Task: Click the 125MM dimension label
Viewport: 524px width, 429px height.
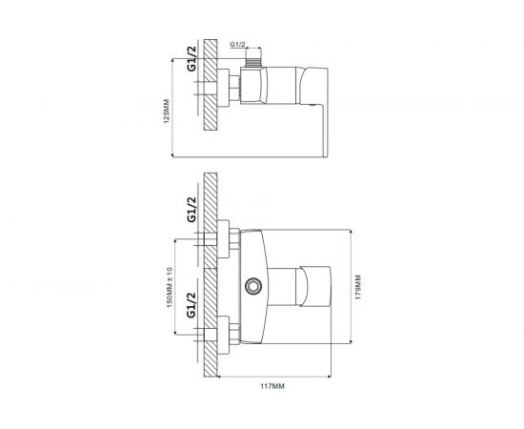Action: (x=167, y=111)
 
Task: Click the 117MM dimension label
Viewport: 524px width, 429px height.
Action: (x=272, y=386)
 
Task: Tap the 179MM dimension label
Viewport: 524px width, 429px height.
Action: (x=358, y=287)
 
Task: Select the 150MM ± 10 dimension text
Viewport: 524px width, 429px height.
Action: (x=170, y=287)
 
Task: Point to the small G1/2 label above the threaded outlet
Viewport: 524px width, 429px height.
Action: (x=237, y=45)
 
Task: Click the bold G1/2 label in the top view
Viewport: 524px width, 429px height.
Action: (x=191, y=58)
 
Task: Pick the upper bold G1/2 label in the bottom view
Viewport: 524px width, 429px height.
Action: (x=191, y=210)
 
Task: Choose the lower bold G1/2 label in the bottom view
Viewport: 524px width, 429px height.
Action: (x=191, y=305)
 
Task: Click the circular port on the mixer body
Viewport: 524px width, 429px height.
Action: (x=253, y=287)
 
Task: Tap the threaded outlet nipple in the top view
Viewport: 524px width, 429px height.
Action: (x=253, y=62)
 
